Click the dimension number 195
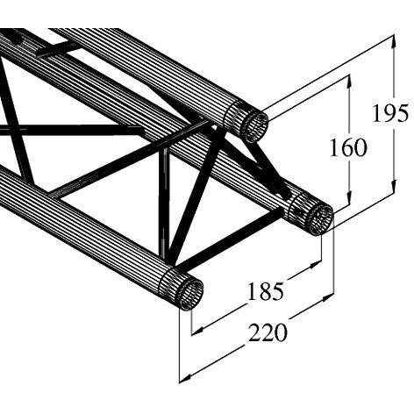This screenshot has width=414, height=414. (x=389, y=113)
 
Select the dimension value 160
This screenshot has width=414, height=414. (x=348, y=147)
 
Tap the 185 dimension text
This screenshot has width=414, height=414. (x=266, y=291)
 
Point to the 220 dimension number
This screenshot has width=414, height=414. (x=268, y=332)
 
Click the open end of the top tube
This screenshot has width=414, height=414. (x=255, y=127)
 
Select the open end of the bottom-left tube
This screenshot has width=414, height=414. (x=189, y=295)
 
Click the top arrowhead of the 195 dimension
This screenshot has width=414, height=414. (x=394, y=41)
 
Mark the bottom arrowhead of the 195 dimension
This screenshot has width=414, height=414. (x=395, y=186)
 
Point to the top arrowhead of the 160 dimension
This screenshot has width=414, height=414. (x=348, y=82)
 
